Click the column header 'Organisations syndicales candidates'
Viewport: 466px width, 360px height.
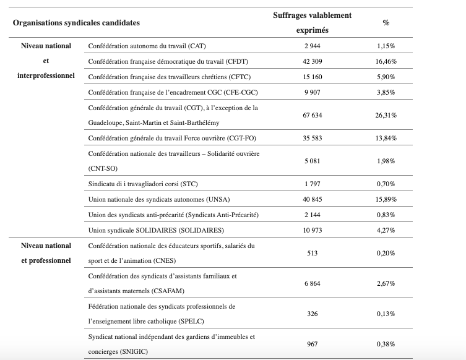[76, 23]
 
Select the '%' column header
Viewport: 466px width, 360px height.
[386, 23]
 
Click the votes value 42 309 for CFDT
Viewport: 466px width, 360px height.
[312, 62]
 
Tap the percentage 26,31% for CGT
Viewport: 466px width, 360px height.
[386, 116]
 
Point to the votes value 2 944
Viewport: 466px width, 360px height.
[312, 46]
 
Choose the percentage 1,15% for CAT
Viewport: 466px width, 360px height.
[386, 46]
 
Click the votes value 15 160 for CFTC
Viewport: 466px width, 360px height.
[312, 77]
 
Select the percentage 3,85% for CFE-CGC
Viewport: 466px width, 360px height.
[386, 92]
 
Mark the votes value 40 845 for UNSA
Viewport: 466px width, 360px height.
[312, 200]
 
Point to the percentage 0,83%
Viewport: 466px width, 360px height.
[386, 215]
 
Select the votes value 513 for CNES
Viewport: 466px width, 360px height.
[312, 253]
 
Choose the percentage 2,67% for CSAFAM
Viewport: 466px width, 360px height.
[386, 283]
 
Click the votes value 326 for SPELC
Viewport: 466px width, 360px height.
[312, 314]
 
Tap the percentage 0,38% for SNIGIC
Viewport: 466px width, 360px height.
[386, 344]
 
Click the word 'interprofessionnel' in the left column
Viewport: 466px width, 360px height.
[46, 76]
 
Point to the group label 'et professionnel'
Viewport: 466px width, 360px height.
[46, 260]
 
